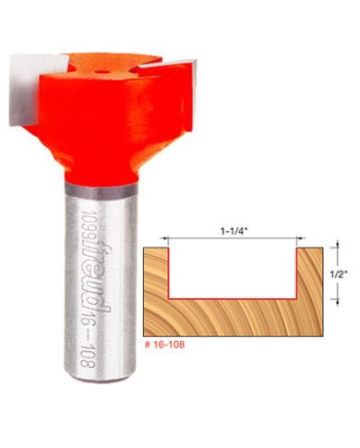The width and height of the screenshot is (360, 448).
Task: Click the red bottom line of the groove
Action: click(233, 299)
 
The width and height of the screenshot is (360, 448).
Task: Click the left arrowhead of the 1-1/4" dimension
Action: click(174, 238)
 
